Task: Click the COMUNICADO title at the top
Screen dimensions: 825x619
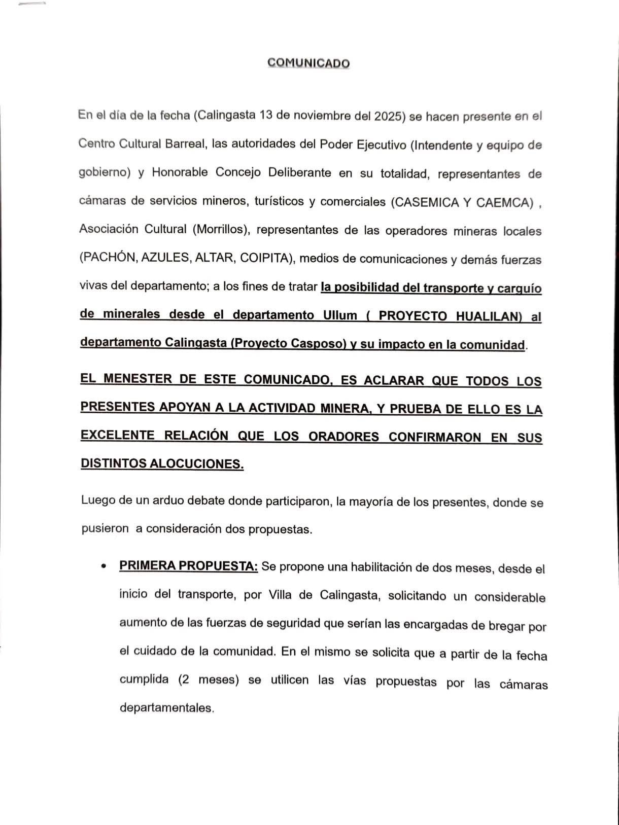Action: tap(308, 63)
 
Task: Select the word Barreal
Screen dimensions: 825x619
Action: tap(185, 144)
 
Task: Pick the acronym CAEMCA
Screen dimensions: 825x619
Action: tap(505, 203)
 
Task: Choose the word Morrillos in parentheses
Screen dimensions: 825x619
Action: tap(221, 229)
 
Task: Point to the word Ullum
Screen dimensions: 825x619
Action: tap(340, 315)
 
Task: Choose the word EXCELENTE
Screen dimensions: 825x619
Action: tap(118, 435)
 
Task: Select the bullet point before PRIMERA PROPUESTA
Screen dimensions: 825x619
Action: tap(104, 566)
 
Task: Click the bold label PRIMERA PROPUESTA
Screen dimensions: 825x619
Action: tap(189, 566)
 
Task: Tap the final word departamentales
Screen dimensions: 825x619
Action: tap(166, 707)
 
